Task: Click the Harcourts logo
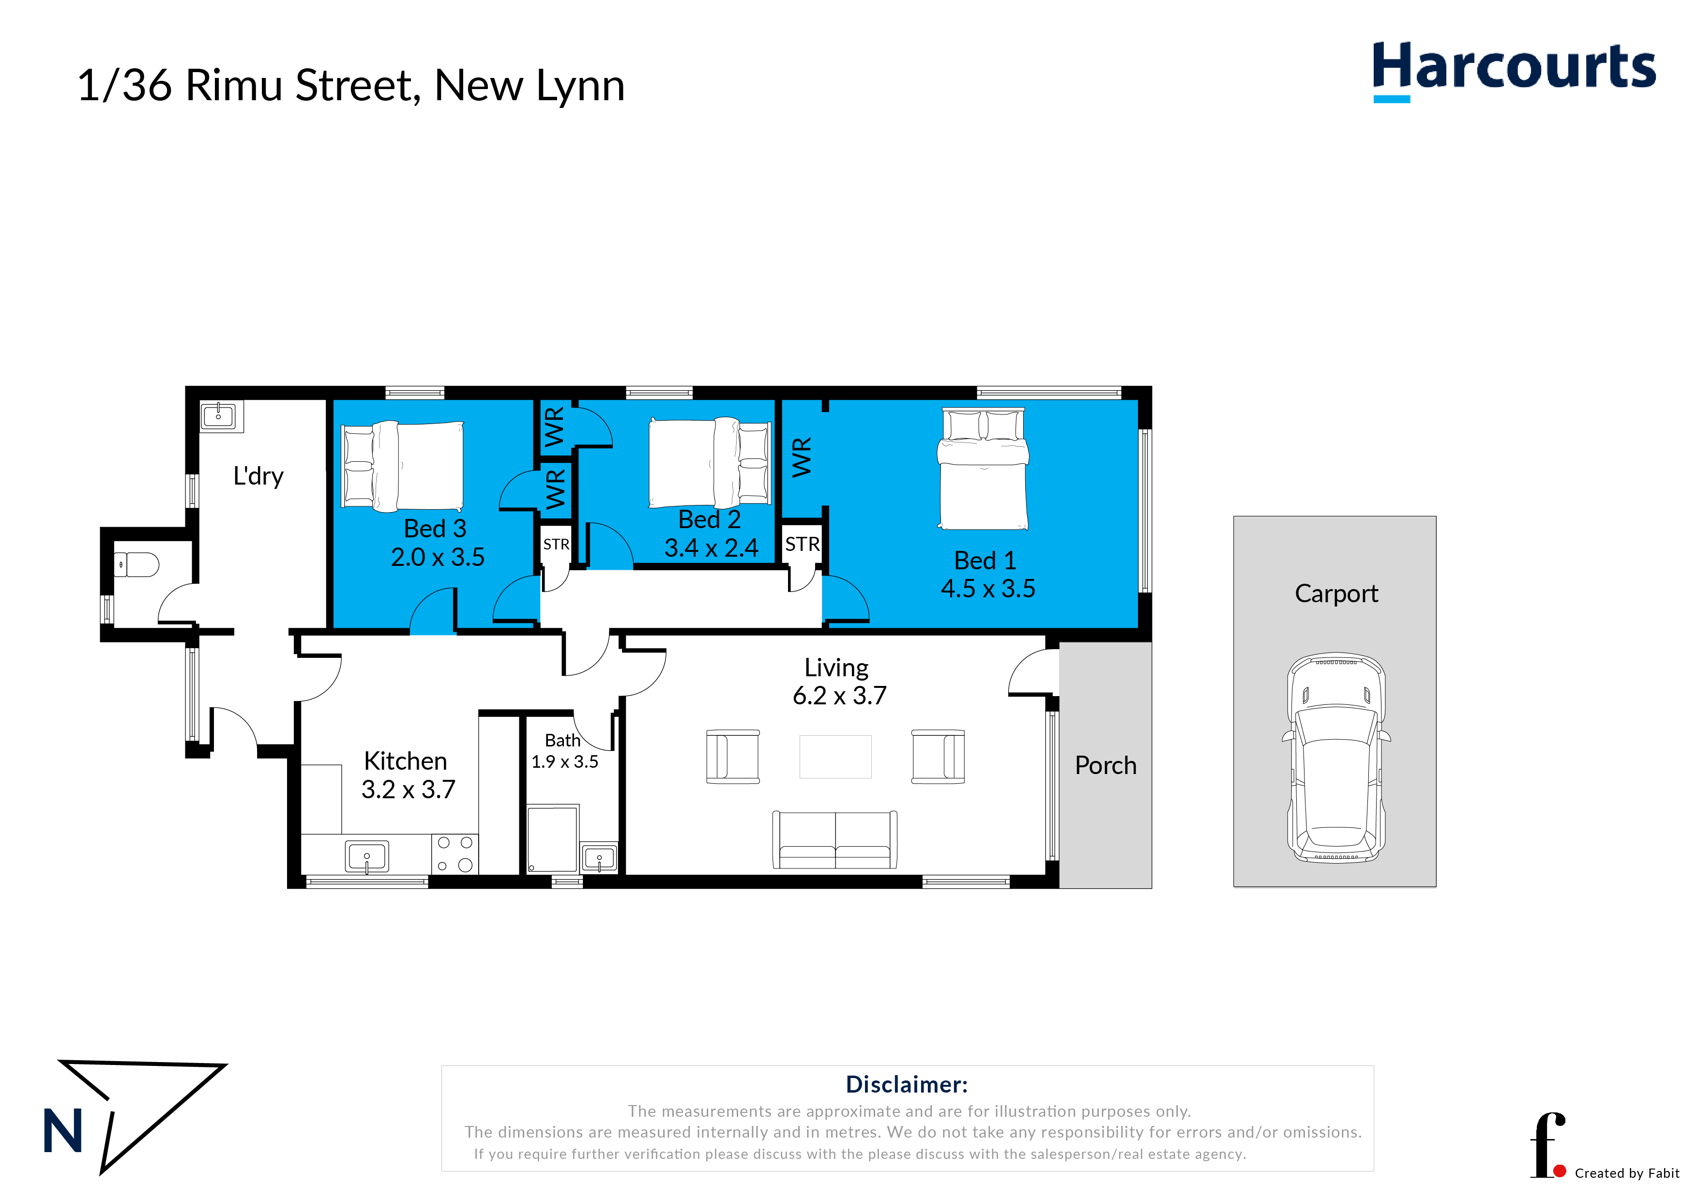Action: pos(1513,68)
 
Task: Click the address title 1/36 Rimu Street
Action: pos(350,85)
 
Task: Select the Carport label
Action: pos(1335,593)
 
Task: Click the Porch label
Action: pos(1105,765)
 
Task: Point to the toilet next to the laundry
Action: pos(137,565)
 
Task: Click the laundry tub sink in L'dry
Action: pos(219,416)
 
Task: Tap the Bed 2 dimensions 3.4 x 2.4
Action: pos(711,548)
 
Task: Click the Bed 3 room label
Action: pos(435,529)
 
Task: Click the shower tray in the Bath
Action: pos(552,838)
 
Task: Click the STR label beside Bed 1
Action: pos(802,544)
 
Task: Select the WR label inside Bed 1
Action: pos(802,457)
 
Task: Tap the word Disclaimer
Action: pos(906,1084)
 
